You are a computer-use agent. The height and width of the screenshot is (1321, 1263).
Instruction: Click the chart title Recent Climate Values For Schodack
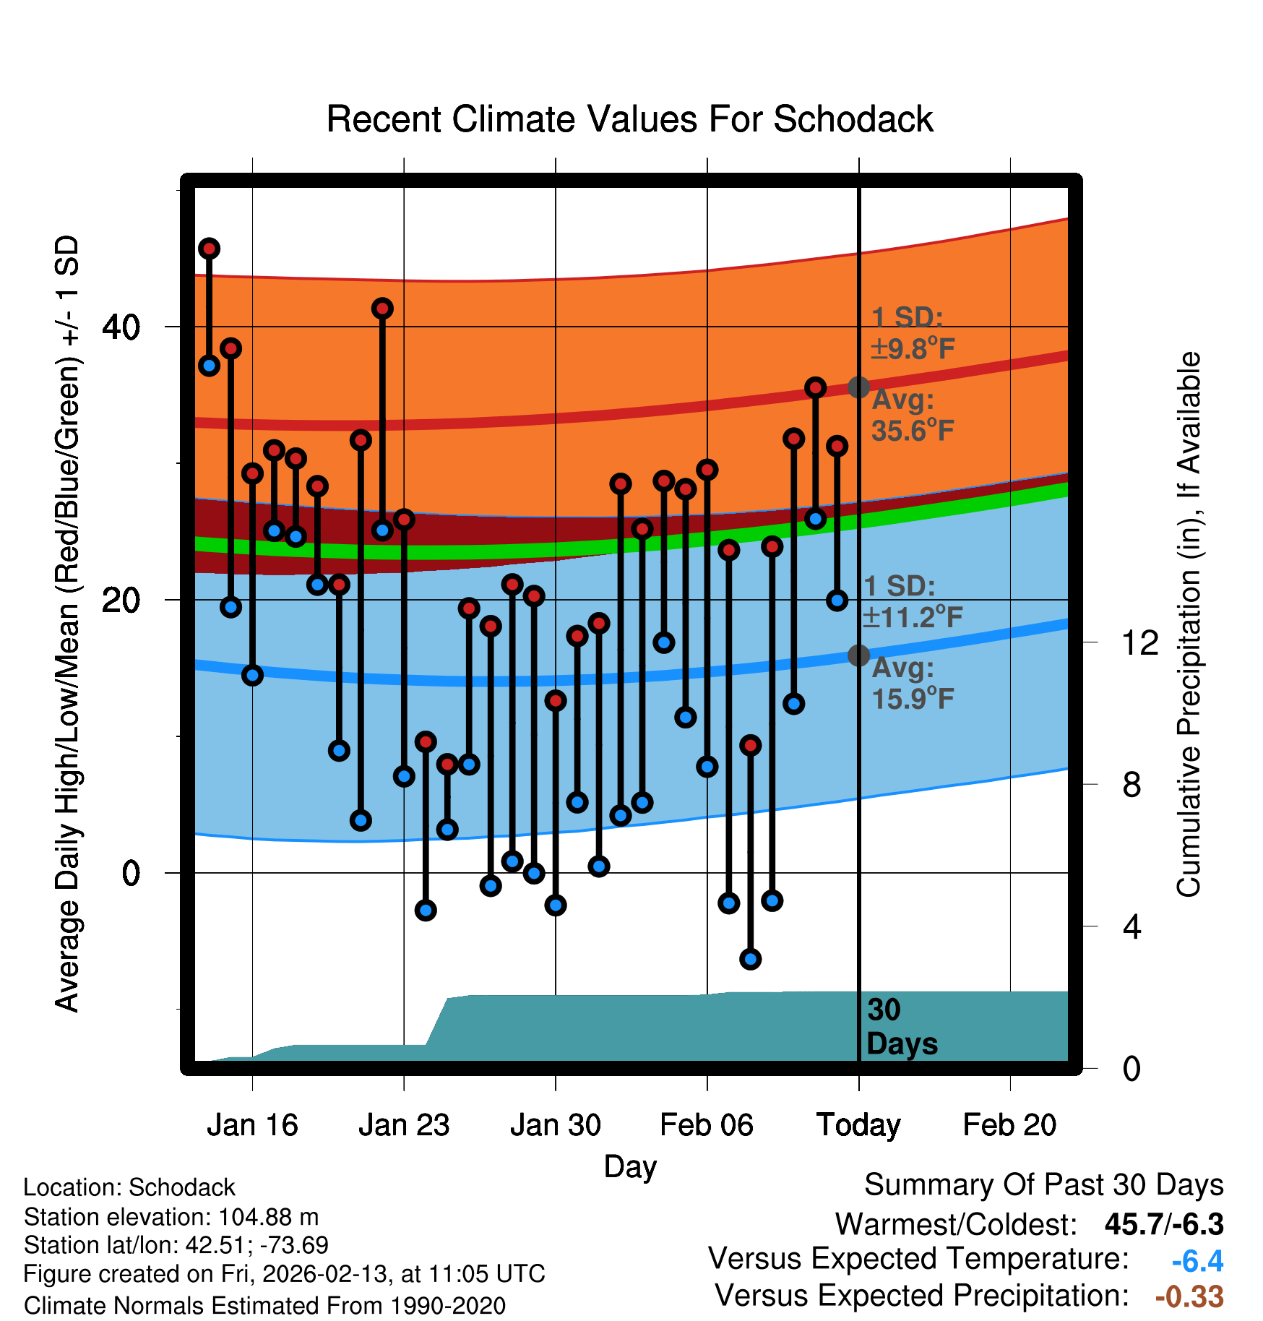coord(629,119)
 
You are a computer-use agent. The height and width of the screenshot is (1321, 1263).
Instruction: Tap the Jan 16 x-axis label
coord(252,1125)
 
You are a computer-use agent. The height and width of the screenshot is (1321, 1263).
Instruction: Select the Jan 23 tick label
coord(404,1125)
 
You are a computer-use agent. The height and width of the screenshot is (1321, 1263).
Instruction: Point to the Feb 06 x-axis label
coord(707,1125)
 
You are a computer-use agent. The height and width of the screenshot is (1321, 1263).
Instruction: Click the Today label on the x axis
coord(858,1125)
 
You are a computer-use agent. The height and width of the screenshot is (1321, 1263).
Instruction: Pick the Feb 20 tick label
coord(1009,1125)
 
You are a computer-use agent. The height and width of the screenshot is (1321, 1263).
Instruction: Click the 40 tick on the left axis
coord(121,327)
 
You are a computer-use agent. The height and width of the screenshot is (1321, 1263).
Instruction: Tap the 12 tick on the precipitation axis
coord(1139,642)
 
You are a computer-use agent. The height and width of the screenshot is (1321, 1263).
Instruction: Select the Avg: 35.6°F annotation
coord(912,416)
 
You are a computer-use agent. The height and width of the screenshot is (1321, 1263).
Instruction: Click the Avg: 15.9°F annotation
coord(912,684)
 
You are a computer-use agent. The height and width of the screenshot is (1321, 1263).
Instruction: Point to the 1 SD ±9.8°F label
coord(912,333)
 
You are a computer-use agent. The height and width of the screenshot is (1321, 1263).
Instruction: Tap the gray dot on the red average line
coord(858,387)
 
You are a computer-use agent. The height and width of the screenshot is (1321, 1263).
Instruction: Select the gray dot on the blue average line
coord(858,655)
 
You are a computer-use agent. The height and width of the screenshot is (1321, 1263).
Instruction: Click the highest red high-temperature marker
coord(209,249)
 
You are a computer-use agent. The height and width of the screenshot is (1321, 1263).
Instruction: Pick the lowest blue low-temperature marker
coord(750,959)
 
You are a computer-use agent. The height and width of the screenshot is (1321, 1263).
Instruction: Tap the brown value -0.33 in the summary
coord(1189,1296)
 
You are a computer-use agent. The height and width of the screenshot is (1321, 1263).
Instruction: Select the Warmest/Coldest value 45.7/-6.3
coord(1163,1224)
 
